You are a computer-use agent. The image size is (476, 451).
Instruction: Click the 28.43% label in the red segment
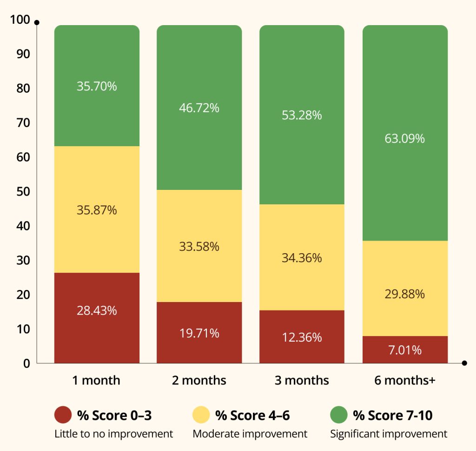click(97, 311)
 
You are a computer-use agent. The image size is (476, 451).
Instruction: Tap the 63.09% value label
click(404, 139)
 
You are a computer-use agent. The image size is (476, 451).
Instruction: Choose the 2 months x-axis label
click(199, 380)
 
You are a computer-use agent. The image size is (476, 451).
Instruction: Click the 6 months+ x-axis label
click(404, 380)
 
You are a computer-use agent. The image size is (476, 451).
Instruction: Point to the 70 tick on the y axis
click(22, 123)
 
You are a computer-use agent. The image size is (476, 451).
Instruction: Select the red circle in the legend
click(63, 414)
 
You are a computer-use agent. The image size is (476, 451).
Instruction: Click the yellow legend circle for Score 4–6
click(201, 414)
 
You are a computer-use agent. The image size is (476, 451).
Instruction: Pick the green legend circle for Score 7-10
click(338, 414)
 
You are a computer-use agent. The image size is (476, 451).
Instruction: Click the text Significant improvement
click(389, 434)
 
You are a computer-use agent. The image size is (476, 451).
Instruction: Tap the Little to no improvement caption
click(113, 434)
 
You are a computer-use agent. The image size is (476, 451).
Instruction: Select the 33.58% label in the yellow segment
click(199, 247)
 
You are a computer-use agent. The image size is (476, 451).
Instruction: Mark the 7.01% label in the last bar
click(404, 350)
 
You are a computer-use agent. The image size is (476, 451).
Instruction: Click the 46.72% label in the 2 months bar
click(199, 108)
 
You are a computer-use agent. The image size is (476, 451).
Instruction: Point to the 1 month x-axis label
click(96, 380)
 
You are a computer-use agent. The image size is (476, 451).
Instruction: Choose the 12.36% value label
click(302, 337)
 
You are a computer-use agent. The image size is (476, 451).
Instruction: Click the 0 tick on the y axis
click(27, 363)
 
